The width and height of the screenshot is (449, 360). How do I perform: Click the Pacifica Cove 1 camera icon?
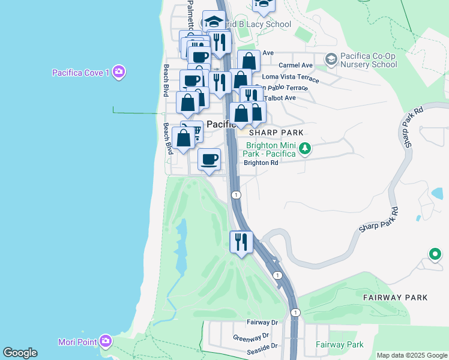119,73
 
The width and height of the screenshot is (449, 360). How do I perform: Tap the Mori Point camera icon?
106,341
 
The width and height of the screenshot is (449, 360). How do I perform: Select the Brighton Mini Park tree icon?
305,148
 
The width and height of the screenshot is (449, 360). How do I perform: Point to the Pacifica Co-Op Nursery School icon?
330,59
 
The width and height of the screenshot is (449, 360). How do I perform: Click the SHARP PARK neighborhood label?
277,132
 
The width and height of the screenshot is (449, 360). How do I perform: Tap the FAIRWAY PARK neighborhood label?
395,297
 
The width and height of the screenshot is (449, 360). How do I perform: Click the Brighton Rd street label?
261,163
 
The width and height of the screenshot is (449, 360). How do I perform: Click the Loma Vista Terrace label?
291,77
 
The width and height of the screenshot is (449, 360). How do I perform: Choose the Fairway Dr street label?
262,322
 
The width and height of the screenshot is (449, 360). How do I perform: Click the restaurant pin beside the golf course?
241,242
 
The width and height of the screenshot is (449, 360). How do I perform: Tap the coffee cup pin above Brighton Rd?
209,160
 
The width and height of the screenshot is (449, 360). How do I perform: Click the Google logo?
20,353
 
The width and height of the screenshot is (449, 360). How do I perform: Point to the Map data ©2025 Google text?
412,355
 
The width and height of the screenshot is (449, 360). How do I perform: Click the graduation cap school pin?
214,22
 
